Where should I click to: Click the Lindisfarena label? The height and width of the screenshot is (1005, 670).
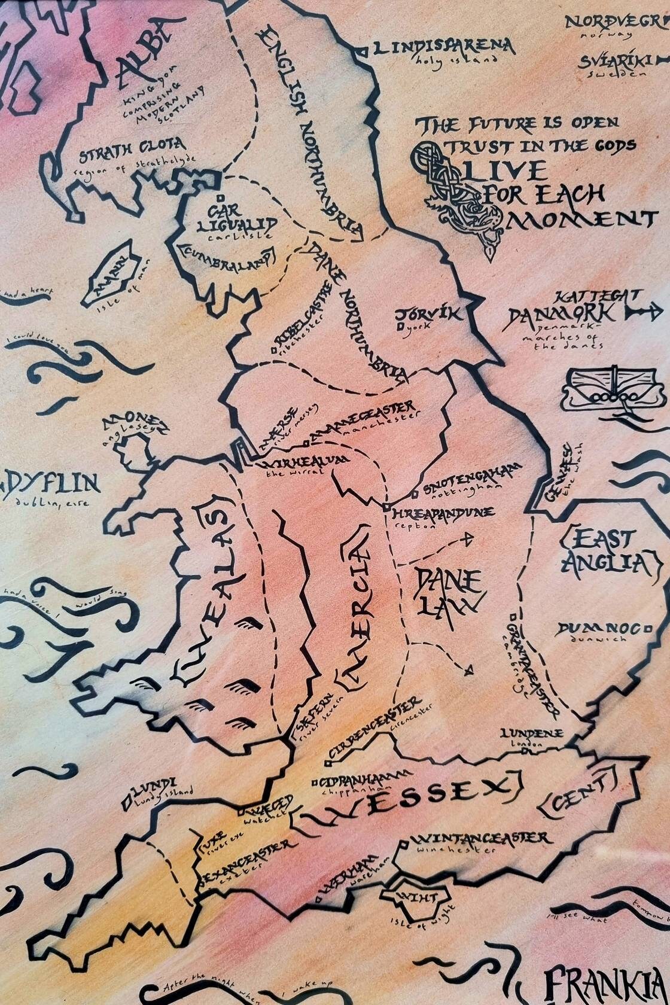(443, 47)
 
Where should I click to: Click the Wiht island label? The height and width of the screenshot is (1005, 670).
(419, 898)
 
